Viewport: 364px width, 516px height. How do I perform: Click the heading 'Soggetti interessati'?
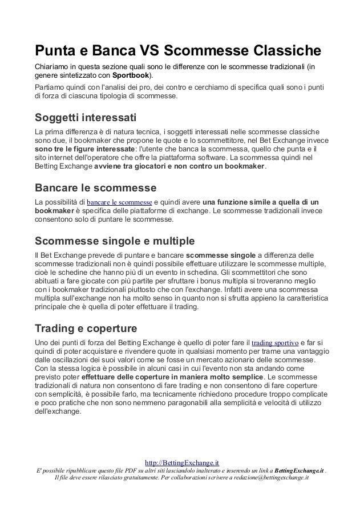pyautogui.click(x=86, y=119)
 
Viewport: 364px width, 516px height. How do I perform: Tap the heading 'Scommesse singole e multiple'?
pyautogui.click(x=115, y=239)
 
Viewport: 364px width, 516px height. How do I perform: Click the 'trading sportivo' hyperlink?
pyautogui.click(x=274, y=342)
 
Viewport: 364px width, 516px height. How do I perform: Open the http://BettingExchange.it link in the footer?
pyautogui.click(x=183, y=462)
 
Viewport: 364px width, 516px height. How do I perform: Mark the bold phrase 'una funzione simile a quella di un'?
pyautogui.click(x=261, y=202)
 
